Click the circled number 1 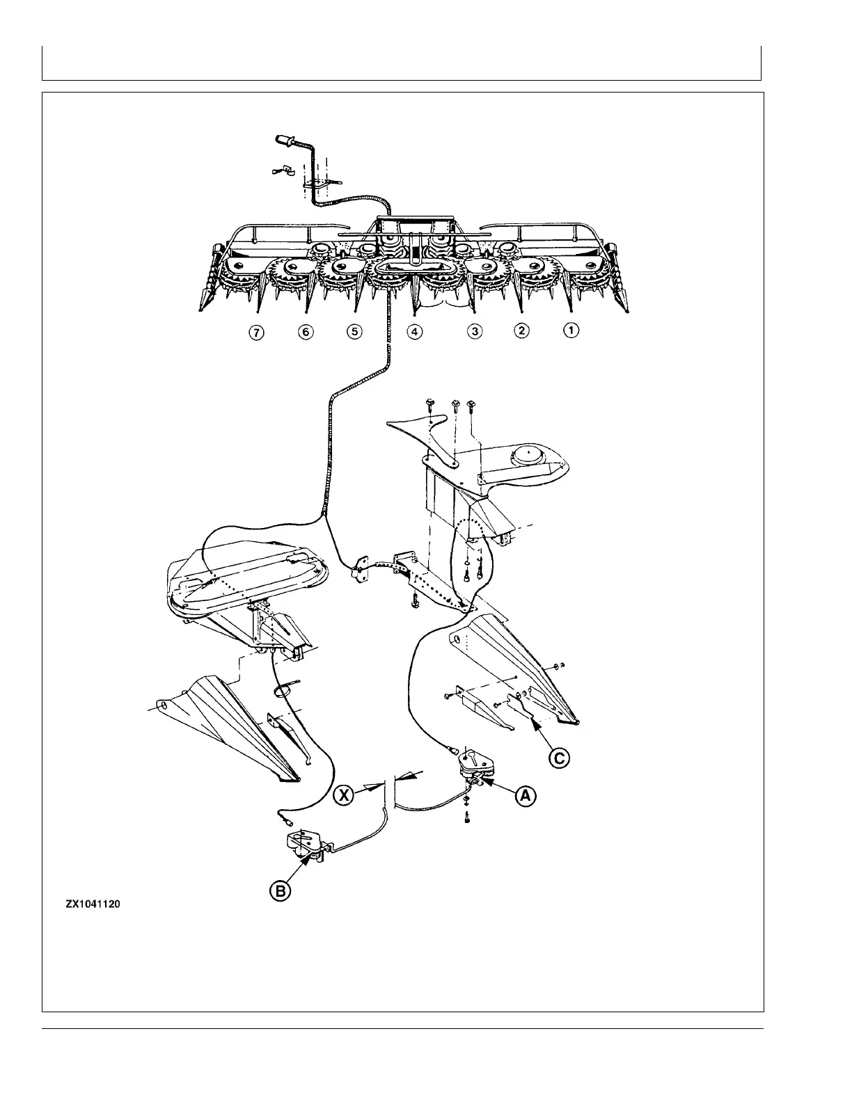pos(570,331)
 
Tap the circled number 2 pos(521,331)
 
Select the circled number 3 pos(475,332)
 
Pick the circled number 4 pos(415,332)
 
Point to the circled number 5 pos(354,332)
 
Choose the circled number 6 pos(305,332)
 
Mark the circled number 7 pos(257,333)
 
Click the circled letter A pos(526,797)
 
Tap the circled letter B pos(280,891)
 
